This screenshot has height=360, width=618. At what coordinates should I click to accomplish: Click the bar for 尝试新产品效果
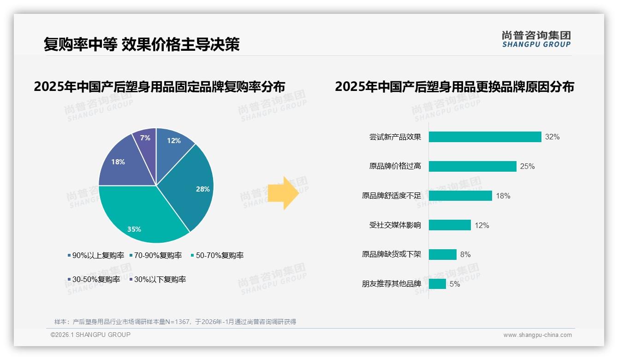click(485, 137)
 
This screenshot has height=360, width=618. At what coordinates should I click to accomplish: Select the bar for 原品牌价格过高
click(472, 166)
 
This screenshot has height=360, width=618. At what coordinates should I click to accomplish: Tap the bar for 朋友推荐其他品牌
click(437, 284)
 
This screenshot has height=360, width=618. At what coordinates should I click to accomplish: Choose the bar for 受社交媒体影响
click(450, 225)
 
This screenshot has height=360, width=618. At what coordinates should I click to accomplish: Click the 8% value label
click(465, 255)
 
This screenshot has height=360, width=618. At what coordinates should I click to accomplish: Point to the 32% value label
click(552, 137)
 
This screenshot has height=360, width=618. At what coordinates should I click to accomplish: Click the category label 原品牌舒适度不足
click(392, 196)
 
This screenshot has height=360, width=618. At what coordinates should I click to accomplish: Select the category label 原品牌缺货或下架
click(392, 255)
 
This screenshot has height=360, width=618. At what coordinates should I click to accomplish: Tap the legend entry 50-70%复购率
click(217, 255)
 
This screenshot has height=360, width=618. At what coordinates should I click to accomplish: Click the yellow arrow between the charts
click(284, 192)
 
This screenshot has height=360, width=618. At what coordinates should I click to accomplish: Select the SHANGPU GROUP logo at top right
click(536, 39)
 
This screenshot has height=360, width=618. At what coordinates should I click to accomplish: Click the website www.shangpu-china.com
click(537, 335)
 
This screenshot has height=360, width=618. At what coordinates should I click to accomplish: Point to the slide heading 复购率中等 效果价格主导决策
click(142, 44)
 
